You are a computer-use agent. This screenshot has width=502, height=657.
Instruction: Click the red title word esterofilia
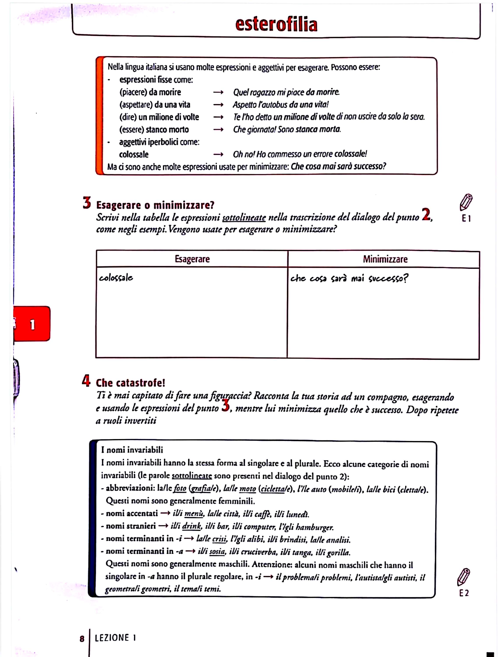[276, 25]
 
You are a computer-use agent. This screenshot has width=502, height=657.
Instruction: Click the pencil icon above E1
[466, 202]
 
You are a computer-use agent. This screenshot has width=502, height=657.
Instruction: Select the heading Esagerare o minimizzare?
[155, 205]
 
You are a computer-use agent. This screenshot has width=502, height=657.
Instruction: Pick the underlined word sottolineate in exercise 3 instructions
[244, 217]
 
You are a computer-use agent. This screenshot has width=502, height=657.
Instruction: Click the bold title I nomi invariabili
[132, 450]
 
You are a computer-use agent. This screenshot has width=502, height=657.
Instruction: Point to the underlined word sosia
[217, 551]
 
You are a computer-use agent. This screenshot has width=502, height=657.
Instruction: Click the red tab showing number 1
[32, 324]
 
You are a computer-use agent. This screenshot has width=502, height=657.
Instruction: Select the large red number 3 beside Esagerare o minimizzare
[87, 203]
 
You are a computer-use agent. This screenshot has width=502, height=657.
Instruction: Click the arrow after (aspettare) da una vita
[218, 105]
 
